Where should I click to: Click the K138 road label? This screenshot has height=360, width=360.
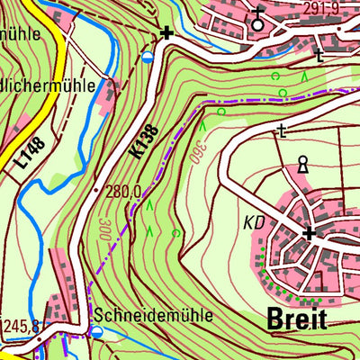point(144,142)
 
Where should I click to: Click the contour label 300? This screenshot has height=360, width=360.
point(104,228)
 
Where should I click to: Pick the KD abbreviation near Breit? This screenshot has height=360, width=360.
point(255,220)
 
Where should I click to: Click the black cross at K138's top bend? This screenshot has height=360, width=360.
point(166,33)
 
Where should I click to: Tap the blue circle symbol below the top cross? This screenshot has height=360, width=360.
point(148,58)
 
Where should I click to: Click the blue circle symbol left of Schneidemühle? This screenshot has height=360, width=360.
point(97,331)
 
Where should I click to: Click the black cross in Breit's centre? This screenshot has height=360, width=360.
point(310,233)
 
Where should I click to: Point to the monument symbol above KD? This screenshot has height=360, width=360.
point(303,166)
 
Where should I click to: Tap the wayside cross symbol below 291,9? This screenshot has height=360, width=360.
point(319,56)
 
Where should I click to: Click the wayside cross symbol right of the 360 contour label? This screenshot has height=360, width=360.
point(283,132)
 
